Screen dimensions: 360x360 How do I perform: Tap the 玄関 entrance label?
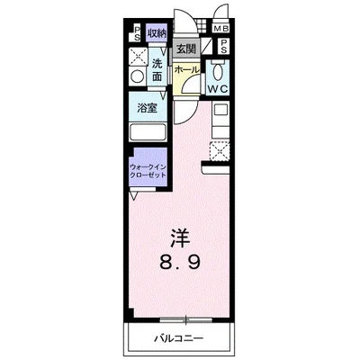click(186, 49)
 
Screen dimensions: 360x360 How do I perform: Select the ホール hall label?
click(185, 69)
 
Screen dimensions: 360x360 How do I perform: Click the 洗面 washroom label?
click(157, 71)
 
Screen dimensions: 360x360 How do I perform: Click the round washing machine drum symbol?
click(138, 77)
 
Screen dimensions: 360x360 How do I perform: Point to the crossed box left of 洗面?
click(138, 58)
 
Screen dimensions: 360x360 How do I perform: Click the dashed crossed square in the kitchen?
click(218, 151)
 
